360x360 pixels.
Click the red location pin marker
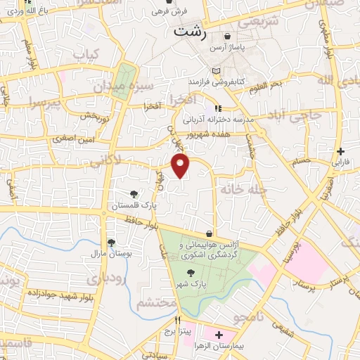181,165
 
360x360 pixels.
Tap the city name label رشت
191,32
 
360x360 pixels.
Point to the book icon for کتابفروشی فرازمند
215,72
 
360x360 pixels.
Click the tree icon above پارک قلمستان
134,194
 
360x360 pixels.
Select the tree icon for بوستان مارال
111,242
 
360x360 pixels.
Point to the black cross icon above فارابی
340,151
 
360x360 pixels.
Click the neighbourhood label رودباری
105,278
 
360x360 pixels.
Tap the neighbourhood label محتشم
155,303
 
